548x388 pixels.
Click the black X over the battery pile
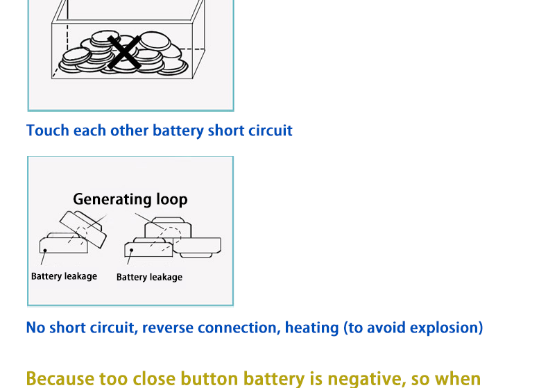click(124, 52)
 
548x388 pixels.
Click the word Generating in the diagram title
click(112, 200)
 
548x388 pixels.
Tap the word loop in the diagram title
click(172, 199)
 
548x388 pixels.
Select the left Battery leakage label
click(65, 276)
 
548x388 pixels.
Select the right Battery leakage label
click(149, 277)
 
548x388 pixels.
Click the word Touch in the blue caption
click(48, 130)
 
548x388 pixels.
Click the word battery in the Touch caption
click(178, 131)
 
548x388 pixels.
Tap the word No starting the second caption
click(35, 328)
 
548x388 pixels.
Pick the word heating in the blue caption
click(311, 328)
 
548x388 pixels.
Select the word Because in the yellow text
click(61, 379)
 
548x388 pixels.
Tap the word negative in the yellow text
click(366, 380)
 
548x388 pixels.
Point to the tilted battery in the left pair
click(83, 229)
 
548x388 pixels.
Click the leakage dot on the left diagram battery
click(45, 251)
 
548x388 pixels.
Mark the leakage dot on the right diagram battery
click(131, 251)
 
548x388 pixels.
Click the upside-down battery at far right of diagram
click(197, 247)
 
